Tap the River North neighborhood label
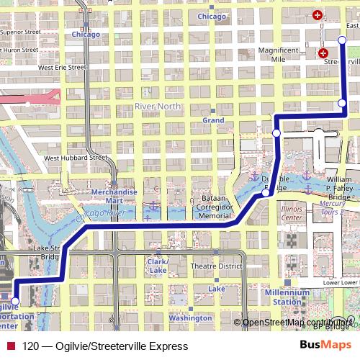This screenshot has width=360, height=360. point(155,107)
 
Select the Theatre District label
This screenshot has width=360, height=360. point(215,266)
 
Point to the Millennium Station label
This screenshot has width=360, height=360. point(286,297)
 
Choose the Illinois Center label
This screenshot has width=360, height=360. point(291,212)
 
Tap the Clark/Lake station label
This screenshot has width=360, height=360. point(158,266)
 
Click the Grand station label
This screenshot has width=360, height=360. point(213,120)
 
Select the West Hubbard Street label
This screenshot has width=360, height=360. point(75,158)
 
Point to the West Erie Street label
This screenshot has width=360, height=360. point(62,68)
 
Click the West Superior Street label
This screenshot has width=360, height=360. point(20,32)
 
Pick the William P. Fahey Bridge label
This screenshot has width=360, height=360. point(339,187)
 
